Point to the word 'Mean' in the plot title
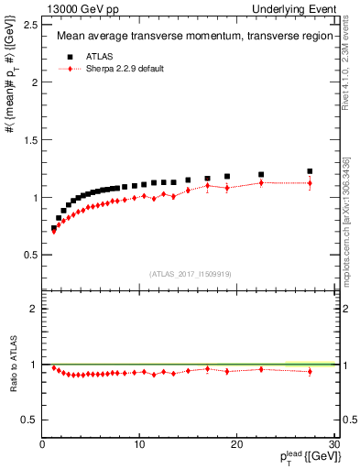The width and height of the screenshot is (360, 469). click(71, 38)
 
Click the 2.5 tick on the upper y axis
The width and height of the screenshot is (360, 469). click(29, 24)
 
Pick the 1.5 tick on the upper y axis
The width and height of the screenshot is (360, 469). click(29, 139)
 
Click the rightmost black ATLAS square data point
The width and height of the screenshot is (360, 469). click(310, 171)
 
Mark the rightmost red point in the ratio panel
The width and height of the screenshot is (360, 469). click(310, 371)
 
